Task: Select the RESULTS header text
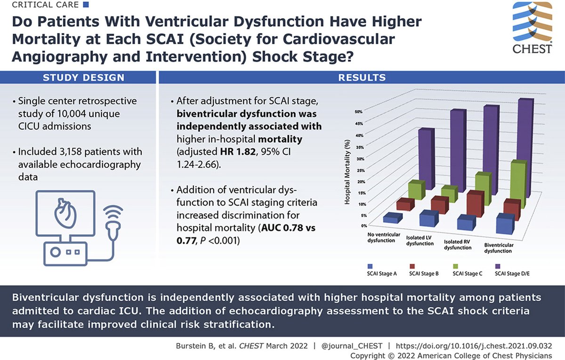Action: tap(362, 78)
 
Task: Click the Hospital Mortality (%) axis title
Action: tap(347, 172)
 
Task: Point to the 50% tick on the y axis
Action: tap(358, 112)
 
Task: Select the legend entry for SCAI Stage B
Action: tap(420, 273)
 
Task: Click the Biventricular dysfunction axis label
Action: tap(499, 248)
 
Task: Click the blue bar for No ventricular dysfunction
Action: tap(393, 217)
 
